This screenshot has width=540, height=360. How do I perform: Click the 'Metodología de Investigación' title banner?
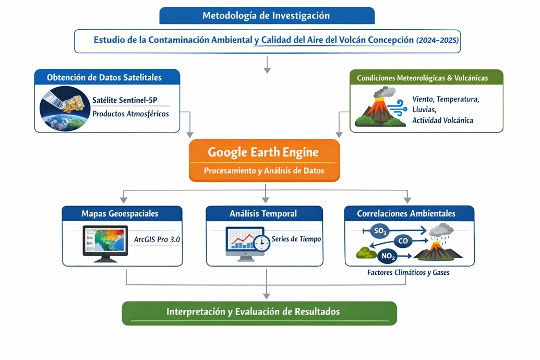pyautogui.click(x=267, y=16)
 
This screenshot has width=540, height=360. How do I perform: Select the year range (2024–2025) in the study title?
pyautogui.click(x=437, y=40)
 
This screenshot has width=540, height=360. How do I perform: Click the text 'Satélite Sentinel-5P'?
pyautogui.click(x=125, y=100)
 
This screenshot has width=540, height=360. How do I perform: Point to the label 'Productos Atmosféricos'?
pyautogui.click(x=130, y=114)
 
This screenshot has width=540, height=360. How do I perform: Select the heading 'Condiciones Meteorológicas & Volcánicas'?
pyautogui.click(x=422, y=78)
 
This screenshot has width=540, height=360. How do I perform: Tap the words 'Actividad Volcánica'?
pyautogui.click(x=442, y=120)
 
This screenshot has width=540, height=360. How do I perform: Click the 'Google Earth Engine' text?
pyautogui.click(x=263, y=152)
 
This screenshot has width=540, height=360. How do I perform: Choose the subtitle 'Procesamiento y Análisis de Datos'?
pyautogui.click(x=264, y=171)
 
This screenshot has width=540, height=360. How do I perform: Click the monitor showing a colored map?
pyautogui.click(x=105, y=244)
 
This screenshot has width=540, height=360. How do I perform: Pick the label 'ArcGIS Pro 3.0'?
pyautogui.click(x=157, y=239)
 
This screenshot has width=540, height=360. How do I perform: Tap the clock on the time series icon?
pyautogui.click(x=262, y=243)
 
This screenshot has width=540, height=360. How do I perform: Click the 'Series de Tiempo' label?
pyautogui.click(x=296, y=239)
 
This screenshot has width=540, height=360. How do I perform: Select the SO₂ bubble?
pyautogui.click(x=380, y=231)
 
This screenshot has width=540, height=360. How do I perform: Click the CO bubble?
pyautogui.click(x=403, y=241)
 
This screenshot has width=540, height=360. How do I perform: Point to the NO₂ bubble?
pyautogui.click(x=388, y=256)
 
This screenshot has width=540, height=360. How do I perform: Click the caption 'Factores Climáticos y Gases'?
pyautogui.click(x=408, y=272)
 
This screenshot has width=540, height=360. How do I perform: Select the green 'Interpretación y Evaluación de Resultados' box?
pyautogui.click(x=259, y=313)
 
